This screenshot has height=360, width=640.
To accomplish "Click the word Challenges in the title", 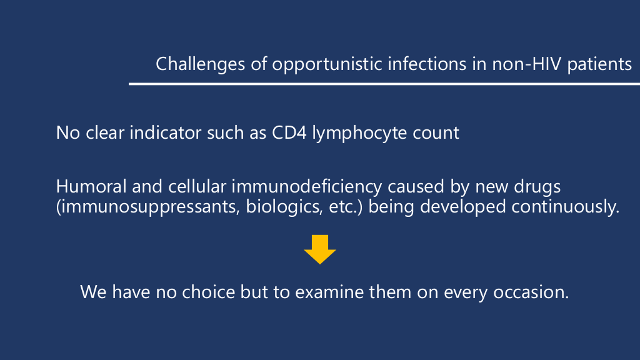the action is [x=201, y=64].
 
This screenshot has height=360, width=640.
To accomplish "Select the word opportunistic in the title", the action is [x=327, y=64].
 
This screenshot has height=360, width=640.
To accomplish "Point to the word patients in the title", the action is [x=599, y=64].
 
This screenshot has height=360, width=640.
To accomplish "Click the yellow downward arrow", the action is [x=320, y=249].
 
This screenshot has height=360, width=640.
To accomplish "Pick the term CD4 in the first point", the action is [x=289, y=132].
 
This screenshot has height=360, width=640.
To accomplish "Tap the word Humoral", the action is [x=91, y=186].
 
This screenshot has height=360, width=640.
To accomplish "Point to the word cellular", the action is [x=197, y=186].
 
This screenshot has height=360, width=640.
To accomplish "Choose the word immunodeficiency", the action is [x=307, y=187].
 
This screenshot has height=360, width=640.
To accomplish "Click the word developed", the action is [x=463, y=207].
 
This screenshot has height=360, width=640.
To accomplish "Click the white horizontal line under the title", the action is [x=384, y=84].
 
